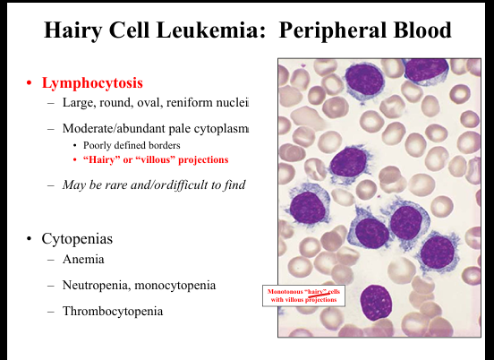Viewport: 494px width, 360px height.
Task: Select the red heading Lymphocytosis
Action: coord(92,83)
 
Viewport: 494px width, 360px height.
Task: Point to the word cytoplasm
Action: coord(221,129)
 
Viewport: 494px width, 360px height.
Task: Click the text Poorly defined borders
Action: coord(132,145)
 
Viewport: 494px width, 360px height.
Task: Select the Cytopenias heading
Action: coord(77,239)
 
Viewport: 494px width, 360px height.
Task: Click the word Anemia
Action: coord(83,260)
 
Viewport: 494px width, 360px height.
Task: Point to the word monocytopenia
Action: coord(175,286)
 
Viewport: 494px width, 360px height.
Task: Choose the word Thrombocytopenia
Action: coord(113,312)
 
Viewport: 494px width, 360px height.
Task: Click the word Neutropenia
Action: coord(97,286)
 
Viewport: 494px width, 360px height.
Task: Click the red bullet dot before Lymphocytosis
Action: coord(30,83)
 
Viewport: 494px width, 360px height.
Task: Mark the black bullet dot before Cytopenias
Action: coord(30,238)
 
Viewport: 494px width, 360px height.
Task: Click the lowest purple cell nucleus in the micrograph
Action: coord(376,302)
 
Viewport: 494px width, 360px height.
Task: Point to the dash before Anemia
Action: coord(51,260)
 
